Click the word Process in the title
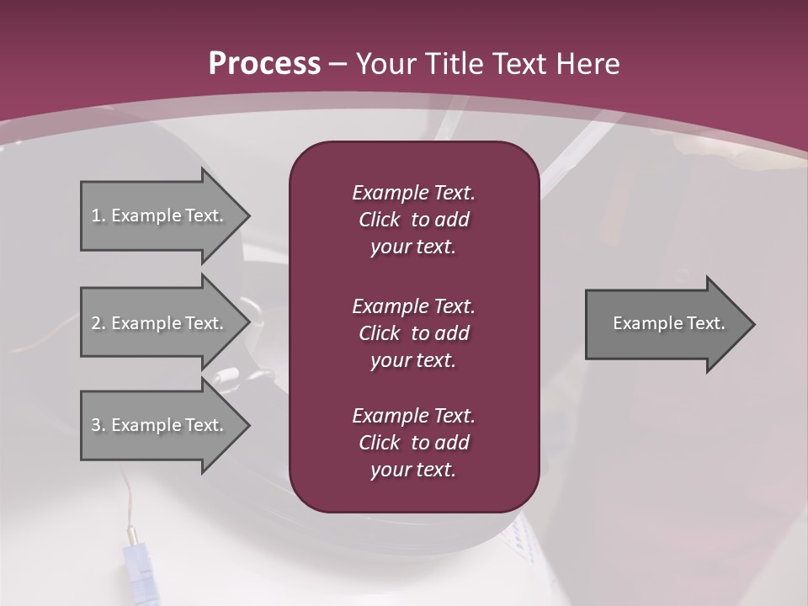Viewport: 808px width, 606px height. click(x=264, y=64)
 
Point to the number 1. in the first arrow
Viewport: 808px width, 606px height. click(x=98, y=215)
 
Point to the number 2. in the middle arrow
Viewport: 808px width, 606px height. click(x=98, y=323)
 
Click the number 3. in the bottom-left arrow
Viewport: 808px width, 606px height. click(x=98, y=425)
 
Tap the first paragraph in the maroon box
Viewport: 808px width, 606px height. click(x=413, y=220)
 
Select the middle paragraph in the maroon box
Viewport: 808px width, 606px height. click(x=413, y=332)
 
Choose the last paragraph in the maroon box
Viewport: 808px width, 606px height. click(x=413, y=443)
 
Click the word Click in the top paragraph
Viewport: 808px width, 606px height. click(x=379, y=220)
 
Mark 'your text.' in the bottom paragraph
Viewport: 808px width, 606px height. click(x=413, y=470)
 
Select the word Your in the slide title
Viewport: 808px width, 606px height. click(x=384, y=64)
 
